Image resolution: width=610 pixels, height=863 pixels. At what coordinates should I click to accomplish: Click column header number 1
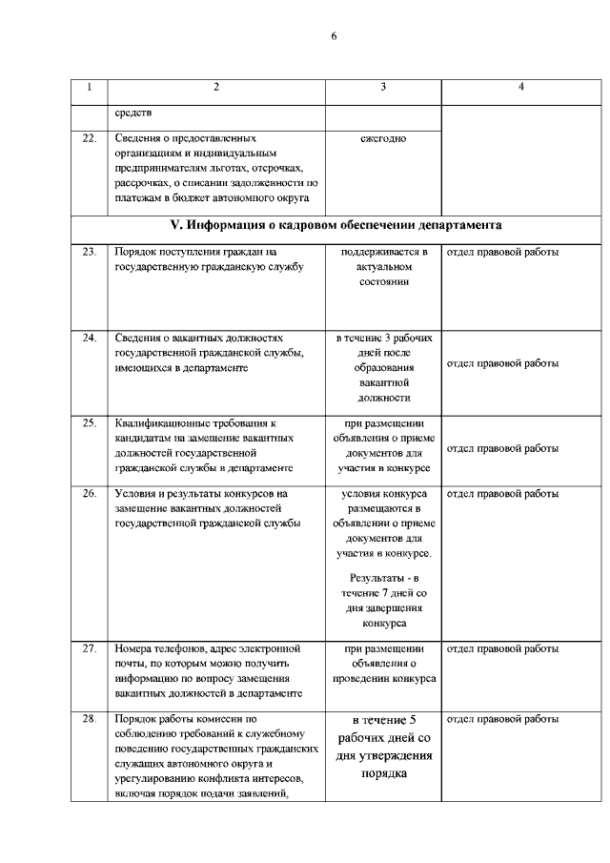89,87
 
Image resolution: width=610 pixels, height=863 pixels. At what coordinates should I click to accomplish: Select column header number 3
383,87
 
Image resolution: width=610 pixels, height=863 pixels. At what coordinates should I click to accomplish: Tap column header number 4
521,87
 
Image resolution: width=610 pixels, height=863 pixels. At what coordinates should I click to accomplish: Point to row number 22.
90,138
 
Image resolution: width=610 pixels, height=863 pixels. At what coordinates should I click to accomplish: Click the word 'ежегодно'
383,138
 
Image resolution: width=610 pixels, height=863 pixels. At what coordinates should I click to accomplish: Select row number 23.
90,253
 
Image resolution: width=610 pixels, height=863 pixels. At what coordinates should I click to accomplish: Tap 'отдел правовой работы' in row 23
502,253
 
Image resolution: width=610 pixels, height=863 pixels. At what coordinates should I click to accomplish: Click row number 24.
90,338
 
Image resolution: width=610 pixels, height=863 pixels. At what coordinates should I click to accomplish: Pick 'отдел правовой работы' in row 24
502,363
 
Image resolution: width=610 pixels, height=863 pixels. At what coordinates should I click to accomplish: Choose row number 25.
90,421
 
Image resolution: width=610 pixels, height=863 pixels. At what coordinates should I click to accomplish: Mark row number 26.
90,494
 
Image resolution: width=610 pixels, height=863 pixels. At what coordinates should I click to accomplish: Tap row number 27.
90,648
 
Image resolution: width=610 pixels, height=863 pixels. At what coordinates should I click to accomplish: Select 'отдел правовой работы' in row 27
502,648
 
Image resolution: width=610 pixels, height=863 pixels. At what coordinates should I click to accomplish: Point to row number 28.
90,719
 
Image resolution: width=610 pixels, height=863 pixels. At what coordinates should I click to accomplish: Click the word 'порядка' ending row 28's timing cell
384,774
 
